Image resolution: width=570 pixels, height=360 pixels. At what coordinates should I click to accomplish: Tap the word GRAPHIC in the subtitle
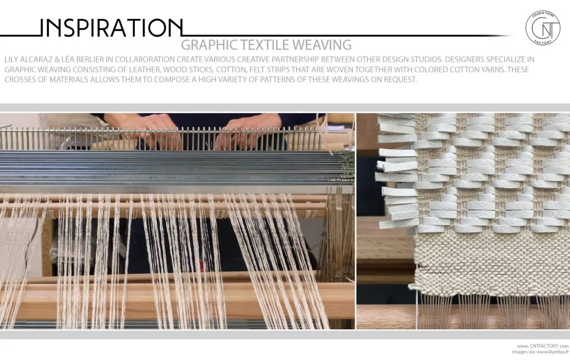(209, 45)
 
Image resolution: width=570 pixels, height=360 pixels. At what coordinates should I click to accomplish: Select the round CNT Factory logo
(543, 27)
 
